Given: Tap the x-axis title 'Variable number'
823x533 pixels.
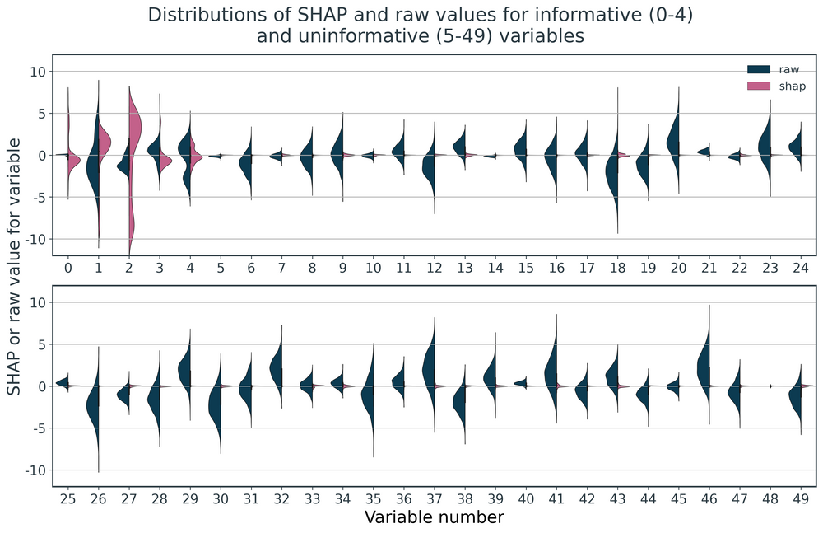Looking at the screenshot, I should tap(434, 517).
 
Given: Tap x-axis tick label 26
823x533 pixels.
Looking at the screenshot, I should tap(98, 498).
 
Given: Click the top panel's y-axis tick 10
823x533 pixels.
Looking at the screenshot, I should tap(38, 71).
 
